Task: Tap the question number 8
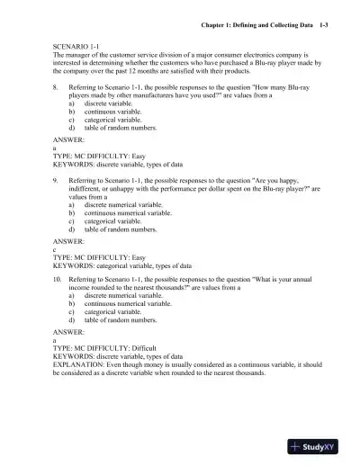tap(56, 90)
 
